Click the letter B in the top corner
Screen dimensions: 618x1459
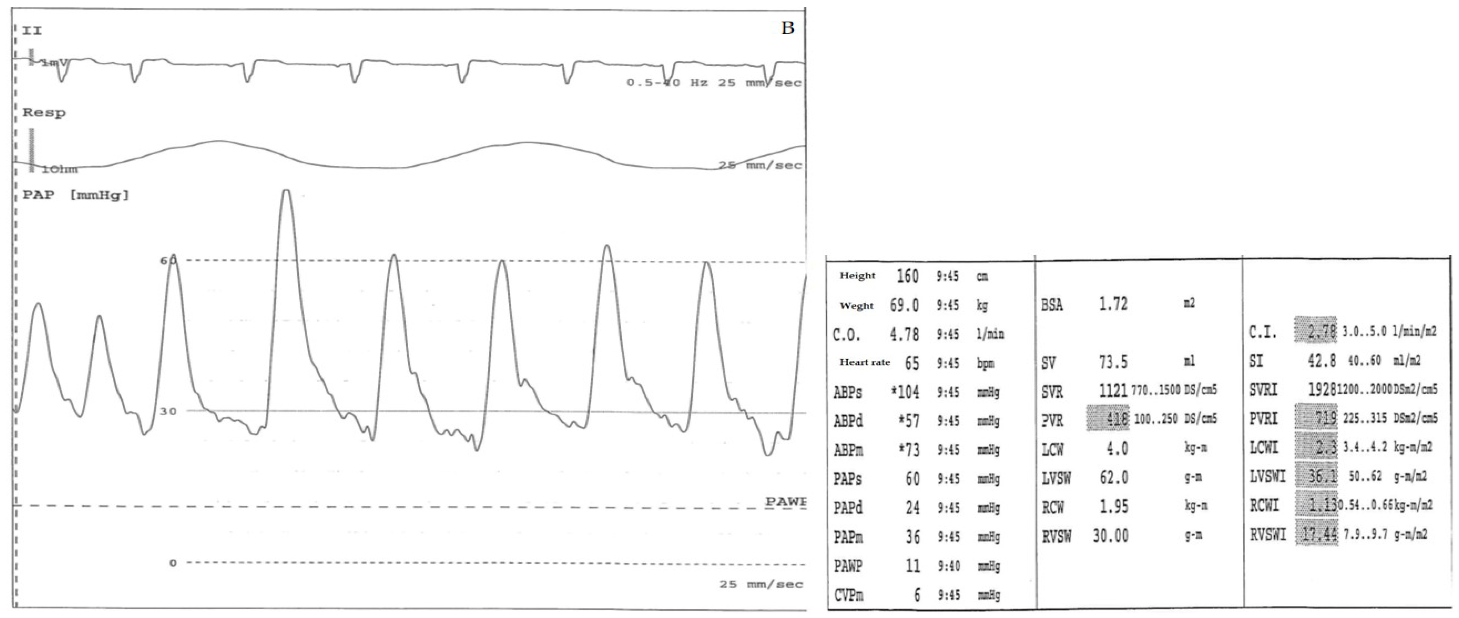click(787, 28)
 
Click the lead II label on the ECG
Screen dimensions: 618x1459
click(32, 31)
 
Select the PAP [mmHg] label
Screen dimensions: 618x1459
click(75, 195)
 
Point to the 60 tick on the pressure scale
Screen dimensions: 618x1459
click(168, 261)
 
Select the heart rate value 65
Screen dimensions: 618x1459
click(912, 363)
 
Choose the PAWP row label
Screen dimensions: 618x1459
click(848, 566)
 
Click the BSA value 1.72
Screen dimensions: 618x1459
click(1113, 304)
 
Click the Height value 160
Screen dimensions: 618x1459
click(907, 276)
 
